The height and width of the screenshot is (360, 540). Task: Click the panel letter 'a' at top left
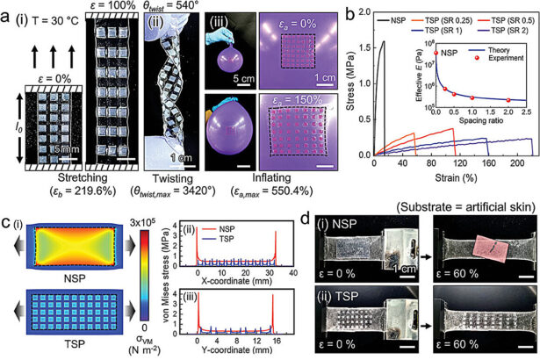click(7, 11)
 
